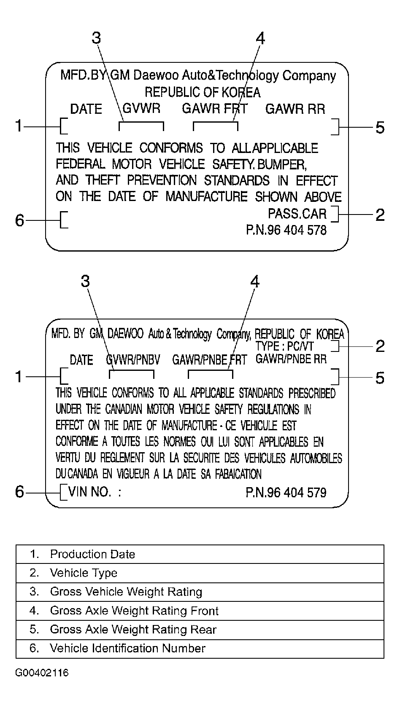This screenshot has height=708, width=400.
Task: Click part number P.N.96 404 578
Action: pos(286,230)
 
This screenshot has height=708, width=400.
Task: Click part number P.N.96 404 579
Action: pos(286,492)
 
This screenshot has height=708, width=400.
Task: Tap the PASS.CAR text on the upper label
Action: pos(297,214)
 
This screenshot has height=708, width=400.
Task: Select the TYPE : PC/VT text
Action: pos(284,346)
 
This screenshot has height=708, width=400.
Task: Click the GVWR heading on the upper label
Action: pos(141,108)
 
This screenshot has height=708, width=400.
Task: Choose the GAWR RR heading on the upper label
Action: pos(295,109)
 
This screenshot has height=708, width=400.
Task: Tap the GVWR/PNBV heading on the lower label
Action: pos(133,360)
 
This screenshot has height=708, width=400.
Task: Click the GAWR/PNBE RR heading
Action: pos(291,359)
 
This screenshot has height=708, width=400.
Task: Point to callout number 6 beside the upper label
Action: pos(19,220)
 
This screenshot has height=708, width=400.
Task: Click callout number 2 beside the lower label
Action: pos(380,346)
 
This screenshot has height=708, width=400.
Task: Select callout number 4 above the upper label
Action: pos(260,39)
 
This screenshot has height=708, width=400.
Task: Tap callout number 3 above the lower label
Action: pos(85,281)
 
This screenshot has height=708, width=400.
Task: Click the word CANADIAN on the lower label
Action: pos(124,409)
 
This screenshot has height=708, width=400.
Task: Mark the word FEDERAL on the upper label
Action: pos(80,164)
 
